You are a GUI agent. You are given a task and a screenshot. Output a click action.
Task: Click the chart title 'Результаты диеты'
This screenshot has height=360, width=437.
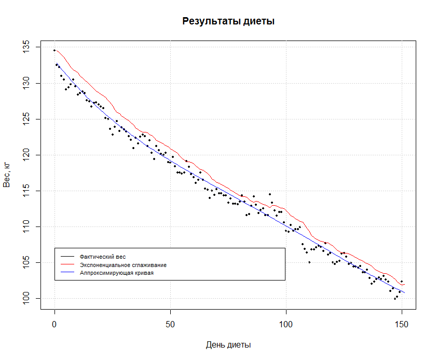[228, 21]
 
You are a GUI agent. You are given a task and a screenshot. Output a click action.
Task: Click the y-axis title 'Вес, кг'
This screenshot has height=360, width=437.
[7, 174]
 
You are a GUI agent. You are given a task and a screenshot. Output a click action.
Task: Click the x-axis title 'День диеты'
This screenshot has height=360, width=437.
[228, 345]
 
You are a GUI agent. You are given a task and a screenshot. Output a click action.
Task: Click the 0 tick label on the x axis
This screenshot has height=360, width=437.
[54, 324]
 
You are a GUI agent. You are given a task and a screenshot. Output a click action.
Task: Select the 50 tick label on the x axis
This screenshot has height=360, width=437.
[170, 324]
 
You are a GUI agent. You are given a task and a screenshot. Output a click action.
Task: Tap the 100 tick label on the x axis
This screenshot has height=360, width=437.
[286, 324]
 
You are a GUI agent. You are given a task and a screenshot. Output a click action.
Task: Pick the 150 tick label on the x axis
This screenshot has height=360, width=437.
[402, 324]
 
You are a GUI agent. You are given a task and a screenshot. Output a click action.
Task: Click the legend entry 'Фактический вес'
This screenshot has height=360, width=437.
[103, 257]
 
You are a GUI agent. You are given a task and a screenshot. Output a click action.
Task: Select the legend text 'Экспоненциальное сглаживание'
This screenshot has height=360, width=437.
[123, 265]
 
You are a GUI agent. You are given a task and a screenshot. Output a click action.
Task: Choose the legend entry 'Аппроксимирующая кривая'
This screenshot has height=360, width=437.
[117, 273]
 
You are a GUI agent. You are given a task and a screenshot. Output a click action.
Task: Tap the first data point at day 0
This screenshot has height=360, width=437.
[54, 50]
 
